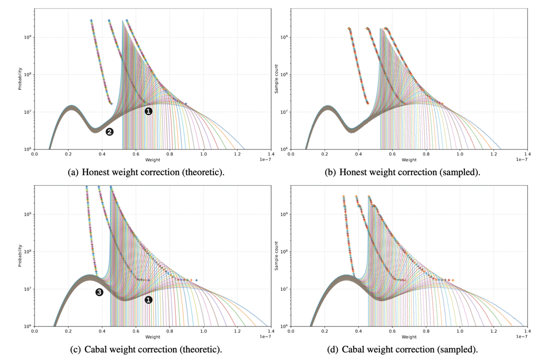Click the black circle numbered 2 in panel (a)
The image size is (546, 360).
(x=110, y=131)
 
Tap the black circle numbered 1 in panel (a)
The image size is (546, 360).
(x=148, y=112)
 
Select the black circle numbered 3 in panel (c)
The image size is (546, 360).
(x=99, y=293)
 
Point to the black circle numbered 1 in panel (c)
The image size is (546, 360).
(x=148, y=300)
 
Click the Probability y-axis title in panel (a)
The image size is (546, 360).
(x=20, y=79)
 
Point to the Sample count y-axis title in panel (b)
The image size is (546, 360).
(x=277, y=79)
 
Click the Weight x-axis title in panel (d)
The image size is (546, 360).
(x=409, y=337)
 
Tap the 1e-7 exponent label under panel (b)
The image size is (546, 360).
(x=520, y=160)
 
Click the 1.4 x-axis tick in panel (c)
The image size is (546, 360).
(x=270, y=332)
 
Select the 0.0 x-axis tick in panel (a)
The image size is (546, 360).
(x=34, y=155)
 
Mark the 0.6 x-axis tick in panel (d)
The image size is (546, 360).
(x=392, y=332)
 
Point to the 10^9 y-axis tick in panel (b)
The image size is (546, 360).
(x=283, y=38)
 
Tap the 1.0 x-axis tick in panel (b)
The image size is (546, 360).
(x=460, y=155)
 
